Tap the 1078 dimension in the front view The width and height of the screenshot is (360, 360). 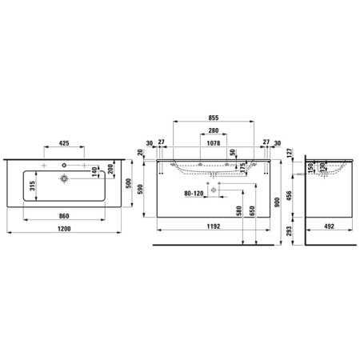214,145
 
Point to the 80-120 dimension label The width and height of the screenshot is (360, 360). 194,193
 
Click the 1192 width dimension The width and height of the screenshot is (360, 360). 213,227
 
